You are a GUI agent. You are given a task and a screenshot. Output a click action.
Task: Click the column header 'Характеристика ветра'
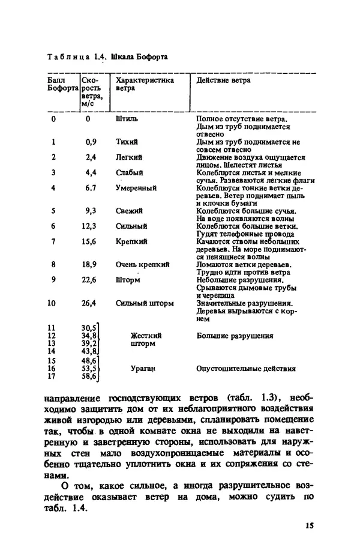point(145,83)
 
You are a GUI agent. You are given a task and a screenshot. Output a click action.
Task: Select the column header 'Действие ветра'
point(223,80)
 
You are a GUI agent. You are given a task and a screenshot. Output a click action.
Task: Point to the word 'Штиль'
point(127,119)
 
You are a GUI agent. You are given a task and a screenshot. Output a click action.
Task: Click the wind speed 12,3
point(89,226)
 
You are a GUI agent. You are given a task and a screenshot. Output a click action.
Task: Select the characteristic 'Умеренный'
point(136,188)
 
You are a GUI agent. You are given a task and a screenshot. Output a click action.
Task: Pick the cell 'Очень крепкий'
point(142,264)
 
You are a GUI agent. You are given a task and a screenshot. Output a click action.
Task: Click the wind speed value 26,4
point(89,303)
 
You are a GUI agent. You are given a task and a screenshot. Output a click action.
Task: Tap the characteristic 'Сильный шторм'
point(145,303)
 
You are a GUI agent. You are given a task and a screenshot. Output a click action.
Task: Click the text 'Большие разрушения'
point(235,336)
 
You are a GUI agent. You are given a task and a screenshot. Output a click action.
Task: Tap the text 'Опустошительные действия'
point(246,369)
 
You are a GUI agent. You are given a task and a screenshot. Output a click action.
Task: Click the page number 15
point(309,526)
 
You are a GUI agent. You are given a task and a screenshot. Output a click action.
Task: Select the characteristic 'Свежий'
point(129,211)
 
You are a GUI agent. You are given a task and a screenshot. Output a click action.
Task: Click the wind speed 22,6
point(89,279)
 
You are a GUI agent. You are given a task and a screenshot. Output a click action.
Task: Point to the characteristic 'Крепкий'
point(130,241)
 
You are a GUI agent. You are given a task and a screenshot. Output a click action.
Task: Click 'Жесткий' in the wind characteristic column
point(146,336)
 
